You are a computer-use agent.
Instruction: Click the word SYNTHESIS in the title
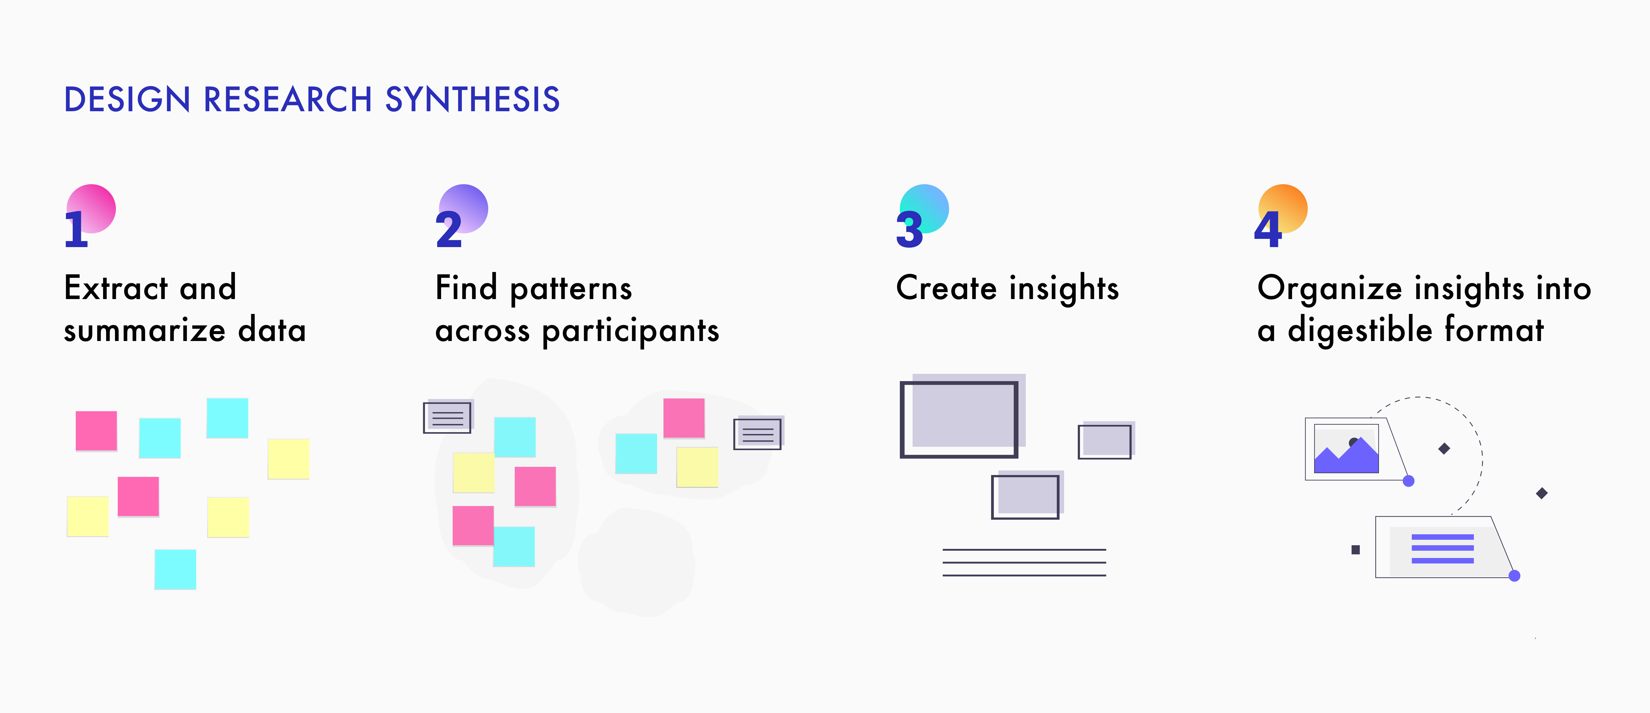tap(473, 100)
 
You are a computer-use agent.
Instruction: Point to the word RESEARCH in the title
tap(287, 100)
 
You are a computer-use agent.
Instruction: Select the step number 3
tap(910, 230)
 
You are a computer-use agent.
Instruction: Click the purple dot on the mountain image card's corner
tap(1408, 481)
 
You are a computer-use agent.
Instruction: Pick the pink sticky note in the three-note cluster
tap(684, 418)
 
